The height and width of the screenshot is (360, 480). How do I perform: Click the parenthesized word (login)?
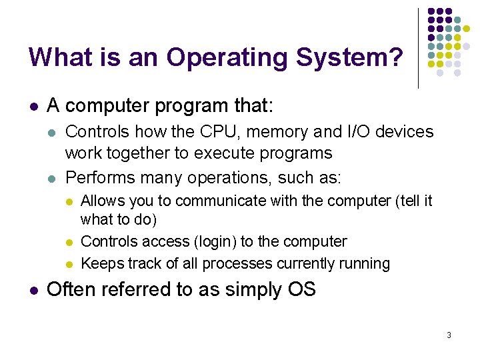click(203, 241)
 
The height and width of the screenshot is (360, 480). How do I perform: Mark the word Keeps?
click(99, 263)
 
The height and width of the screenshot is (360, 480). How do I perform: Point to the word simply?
click(254, 291)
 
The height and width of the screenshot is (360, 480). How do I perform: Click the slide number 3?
click(449, 335)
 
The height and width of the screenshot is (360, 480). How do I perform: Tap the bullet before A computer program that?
click(33, 106)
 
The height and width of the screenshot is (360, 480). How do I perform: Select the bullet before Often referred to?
click(33, 290)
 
